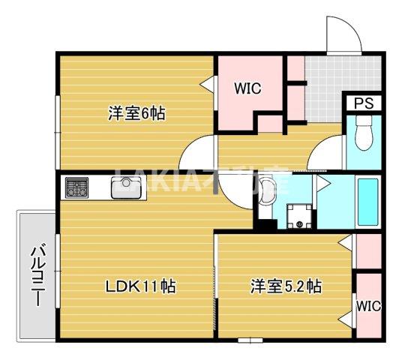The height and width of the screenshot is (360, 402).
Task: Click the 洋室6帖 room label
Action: coord(136,114)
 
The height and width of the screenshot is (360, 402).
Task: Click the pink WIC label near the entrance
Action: coord(246,89)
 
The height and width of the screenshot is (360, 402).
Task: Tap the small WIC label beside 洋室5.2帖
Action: coord(368,305)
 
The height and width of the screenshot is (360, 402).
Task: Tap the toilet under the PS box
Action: coord(364,137)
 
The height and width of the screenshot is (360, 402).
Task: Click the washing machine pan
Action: coord(301,214)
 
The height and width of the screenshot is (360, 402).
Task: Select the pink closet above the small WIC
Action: coord(368,252)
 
